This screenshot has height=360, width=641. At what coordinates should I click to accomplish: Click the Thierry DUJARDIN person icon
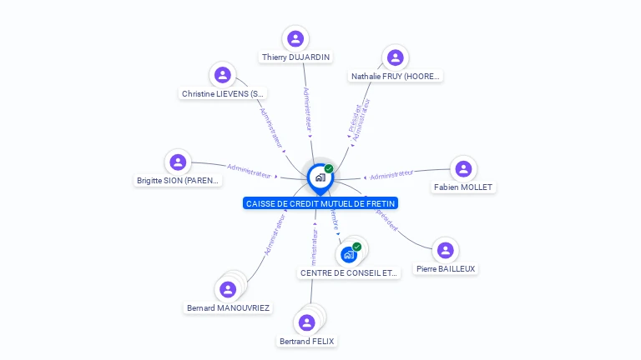pyautogui.click(x=295, y=38)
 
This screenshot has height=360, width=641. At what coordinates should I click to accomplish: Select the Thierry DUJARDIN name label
pyautogui.click(x=295, y=57)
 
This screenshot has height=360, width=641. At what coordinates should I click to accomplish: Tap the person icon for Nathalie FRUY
pyautogui.click(x=396, y=57)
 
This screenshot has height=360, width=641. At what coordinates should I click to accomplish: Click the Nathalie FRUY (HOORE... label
pyautogui.click(x=396, y=77)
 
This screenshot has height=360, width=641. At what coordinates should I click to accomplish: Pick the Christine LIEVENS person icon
pyautogui.click(x=223, y=75)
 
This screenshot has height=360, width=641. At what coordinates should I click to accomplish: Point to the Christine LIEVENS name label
pyautogui.click(x=223, y=94)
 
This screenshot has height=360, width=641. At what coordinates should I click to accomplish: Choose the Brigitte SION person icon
pyautogui.click(x=177, y=162)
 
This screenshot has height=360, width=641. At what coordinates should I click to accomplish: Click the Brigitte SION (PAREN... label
pyautogui.click(x=179, y=181)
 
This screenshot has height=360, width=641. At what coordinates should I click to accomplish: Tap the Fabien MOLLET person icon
pyautogui.click(x=463, y=168)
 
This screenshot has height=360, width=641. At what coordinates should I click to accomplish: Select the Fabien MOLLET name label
pyautogui.click(x=463, y=187)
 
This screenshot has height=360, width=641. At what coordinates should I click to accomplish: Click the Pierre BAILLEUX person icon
pyautogui.click(x=446, y=250)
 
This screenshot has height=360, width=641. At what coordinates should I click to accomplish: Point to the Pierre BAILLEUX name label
pyautogui.click(x=446, y=269)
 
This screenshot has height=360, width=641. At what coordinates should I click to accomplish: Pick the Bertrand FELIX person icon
pyautogui.click(x=307, y=322)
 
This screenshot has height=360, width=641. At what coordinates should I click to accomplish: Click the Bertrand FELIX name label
pyautogui.click(x=307, y=342)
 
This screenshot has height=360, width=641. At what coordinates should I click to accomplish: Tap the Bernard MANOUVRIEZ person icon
pyautogui.click(x=227, y=290)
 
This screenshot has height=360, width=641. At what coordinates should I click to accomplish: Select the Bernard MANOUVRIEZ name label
pyautogui.click(x=229, y=308)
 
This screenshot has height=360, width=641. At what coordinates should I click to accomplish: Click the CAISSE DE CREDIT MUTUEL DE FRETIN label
pyautogui.click(x=320, y=203)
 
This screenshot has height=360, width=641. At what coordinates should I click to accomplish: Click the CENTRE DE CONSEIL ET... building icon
pyautogui.click(x=349, y=254)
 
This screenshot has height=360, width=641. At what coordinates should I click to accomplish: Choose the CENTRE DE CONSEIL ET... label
pyautogui.click(x=350, y=273)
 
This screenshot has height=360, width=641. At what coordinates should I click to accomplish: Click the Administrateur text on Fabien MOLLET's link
pyautogui.click(x=391, y=174)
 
